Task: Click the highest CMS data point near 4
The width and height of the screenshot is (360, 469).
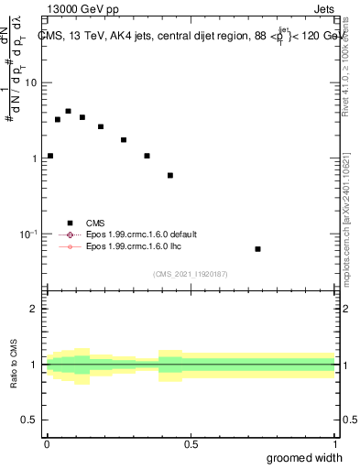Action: (x=68, y=111)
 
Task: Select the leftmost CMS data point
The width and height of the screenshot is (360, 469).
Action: (x=50, y=156)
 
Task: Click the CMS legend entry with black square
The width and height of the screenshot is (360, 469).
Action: (x=69, y=223)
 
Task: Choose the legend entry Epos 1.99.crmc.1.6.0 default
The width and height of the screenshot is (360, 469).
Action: (x=69, y=234)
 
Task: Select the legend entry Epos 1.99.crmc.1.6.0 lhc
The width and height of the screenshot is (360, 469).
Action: (x=69, y=246)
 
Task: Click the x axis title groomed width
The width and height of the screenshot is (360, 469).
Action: (x=304, y=457)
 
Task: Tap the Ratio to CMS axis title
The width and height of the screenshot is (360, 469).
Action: (x=13, y=365)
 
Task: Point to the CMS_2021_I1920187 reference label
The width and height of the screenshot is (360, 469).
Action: (x=191, y=274)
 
